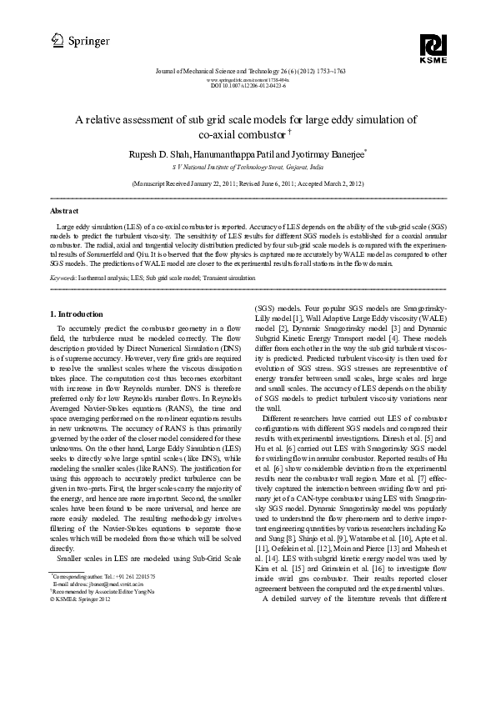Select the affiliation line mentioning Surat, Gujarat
(248, 167)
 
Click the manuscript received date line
(248, 181)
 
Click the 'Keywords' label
(65, 277)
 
